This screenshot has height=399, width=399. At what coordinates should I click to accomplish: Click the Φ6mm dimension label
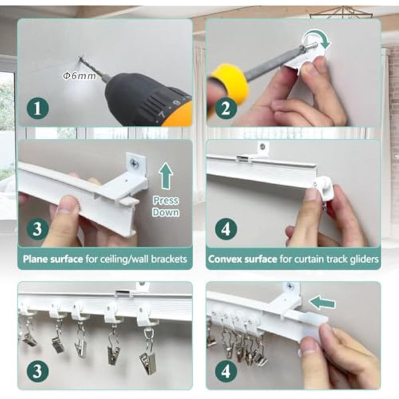point(79,76)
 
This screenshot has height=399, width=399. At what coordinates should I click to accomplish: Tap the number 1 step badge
point(38,108)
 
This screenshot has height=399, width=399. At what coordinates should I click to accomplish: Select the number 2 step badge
point(226,108)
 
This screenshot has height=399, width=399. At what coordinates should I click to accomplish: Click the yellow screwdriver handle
point(228,82)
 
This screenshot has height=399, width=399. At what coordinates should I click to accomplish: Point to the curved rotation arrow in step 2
point(318,37)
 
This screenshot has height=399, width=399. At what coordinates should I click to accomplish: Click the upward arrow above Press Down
point(166,176)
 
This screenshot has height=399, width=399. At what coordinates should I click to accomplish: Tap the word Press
point(166,201)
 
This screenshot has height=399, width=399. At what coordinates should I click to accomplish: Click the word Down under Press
point(166,212)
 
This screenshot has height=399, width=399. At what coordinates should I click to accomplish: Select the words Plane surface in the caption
point(53,259)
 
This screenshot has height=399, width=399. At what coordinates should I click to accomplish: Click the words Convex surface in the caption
point(243,259)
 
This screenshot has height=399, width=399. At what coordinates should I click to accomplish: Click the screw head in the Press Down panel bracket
point(134,163)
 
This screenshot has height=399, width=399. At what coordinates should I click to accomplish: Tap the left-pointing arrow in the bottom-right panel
point(322,303)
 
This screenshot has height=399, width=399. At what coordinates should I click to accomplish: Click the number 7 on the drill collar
point(162,114)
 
